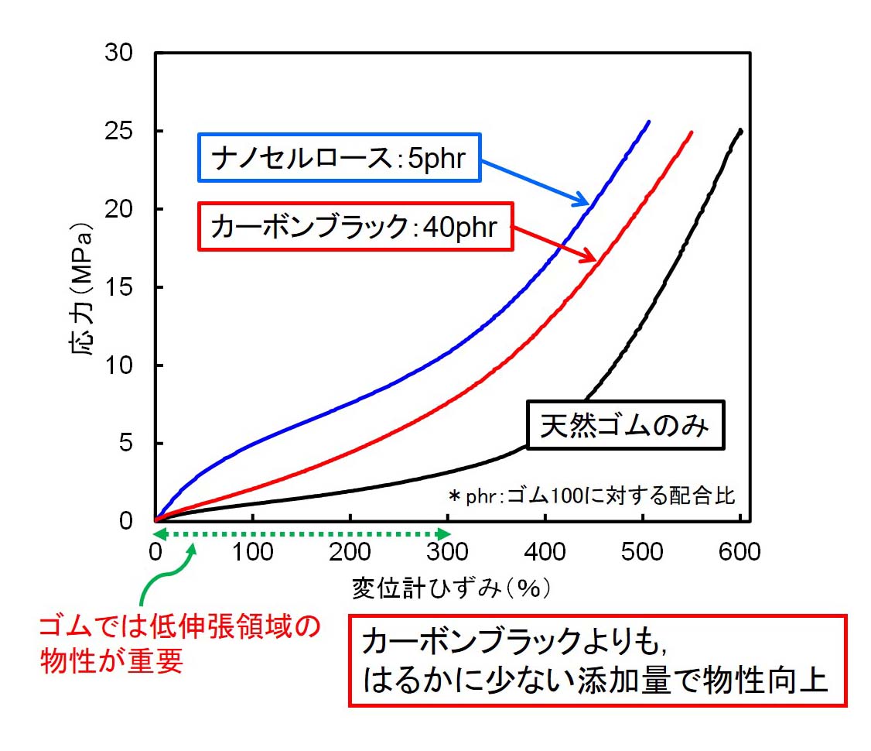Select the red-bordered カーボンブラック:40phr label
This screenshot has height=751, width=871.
pos(355,227)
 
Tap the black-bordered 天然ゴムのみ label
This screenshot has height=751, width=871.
pos(625,425)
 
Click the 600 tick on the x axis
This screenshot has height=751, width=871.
pos(740,551)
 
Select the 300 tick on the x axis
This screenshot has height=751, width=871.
pos(448,551)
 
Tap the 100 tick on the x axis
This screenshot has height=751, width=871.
pos(253,551)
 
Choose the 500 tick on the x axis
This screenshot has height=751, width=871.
pos(643,551)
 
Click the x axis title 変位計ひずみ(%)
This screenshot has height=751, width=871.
pos(451,588)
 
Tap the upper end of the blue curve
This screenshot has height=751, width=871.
pos(648,122)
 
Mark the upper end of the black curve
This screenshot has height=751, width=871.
pos(741,130)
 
